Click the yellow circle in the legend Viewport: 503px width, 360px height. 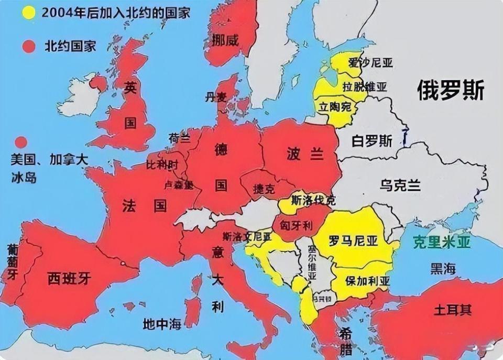(29, 13)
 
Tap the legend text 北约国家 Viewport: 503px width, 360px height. (70, 46)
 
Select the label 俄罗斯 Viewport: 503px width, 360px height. (450, 90)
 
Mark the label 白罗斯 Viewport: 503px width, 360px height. (371, 141)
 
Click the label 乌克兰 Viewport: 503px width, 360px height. (400, 184)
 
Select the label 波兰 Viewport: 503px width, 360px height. (305, 154)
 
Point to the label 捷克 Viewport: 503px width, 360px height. (263, 189)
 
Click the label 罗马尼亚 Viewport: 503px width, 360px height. (353, 242)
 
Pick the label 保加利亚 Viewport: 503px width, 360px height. (367, 280)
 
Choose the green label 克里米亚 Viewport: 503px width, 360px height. (442, 242)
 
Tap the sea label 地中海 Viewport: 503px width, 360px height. (162, 324)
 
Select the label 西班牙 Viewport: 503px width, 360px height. (69, 278)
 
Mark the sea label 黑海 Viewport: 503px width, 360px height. (443, 269)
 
